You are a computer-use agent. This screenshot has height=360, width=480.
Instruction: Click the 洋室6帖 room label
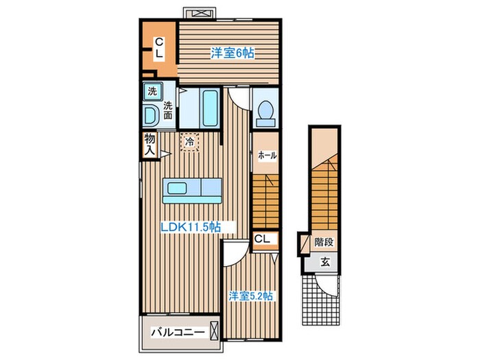[x=232, y=53]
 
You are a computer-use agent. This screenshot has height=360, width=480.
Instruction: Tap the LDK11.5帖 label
[x=191, y=227]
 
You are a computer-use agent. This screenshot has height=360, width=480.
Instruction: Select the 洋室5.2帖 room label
[x=251, y=296]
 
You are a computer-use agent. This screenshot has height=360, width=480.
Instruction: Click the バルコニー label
[x=178, y=332]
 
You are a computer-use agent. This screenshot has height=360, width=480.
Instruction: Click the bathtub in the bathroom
[x=210, y=108]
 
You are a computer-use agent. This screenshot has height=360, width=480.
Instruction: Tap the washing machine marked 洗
[x=152, y=92]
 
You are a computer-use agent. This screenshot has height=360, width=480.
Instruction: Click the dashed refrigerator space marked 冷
[x=189, y=142]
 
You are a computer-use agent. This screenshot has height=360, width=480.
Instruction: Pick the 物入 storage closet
[x=150, y=145]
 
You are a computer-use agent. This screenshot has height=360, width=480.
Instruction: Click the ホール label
[x=267, y=155]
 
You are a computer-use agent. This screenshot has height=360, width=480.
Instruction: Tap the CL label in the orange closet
[x=159, y=47]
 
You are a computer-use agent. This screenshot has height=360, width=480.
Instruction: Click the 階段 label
[x=324, y=242]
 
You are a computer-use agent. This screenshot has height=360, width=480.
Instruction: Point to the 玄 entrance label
[x=325, y=262]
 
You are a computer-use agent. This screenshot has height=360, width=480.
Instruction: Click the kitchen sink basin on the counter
[x=177, y=189]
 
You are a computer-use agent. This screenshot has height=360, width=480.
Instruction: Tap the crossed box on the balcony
[x=214, y=331]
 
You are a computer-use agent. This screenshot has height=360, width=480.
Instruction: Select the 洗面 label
[x=168, y=110]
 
